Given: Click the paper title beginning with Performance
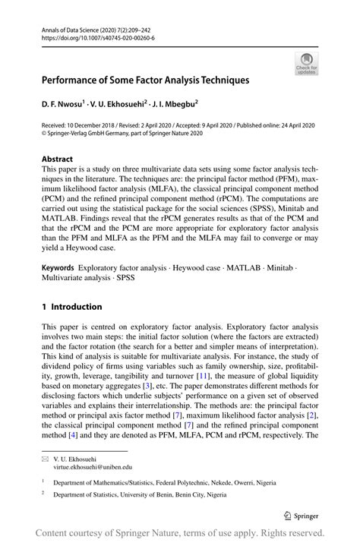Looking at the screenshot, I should [x=145, y=79].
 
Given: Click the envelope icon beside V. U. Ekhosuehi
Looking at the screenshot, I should [x=45, y=459].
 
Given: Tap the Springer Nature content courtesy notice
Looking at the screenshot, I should [x=180, y=533].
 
